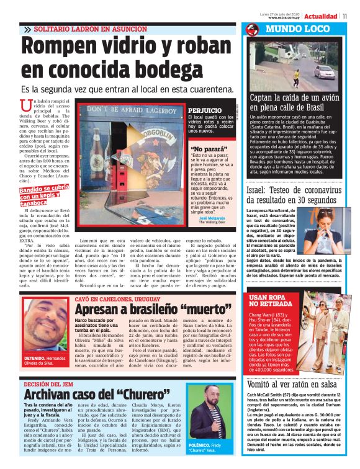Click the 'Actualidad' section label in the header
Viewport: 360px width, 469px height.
coord(321,16)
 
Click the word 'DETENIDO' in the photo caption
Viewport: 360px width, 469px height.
coord(36,359)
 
